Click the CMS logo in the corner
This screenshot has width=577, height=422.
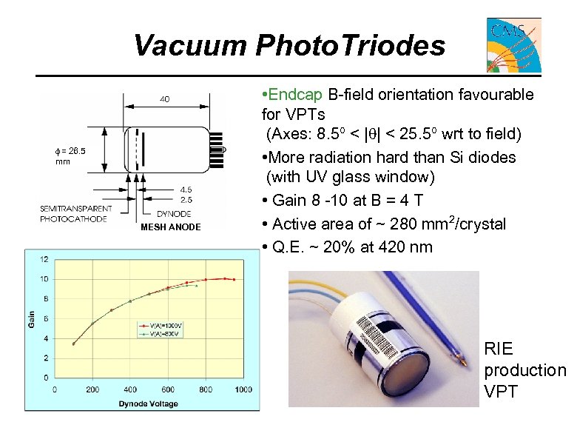(x=513, y=45)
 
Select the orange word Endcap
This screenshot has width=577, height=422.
(x=295, y=95)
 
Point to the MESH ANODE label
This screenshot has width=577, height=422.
(x=170, y=227)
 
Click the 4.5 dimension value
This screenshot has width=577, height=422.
(x=186, y=190)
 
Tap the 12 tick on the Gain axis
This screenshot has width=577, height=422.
(x=44, y=259)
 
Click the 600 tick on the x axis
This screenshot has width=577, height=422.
(x=168, y=389)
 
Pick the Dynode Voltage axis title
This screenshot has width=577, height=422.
(x=148, y=403)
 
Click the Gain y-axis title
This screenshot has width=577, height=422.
(x=31, y=318)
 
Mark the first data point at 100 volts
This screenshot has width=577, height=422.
(x=73, y=344)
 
